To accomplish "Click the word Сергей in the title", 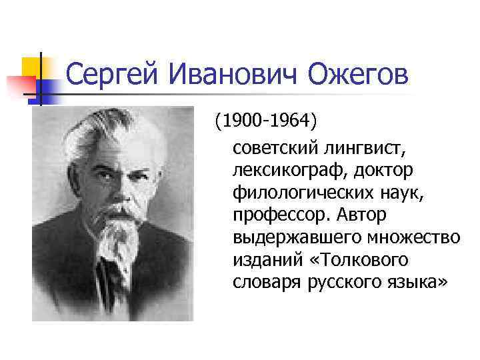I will [113, 75].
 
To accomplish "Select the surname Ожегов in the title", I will [357, 75].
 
